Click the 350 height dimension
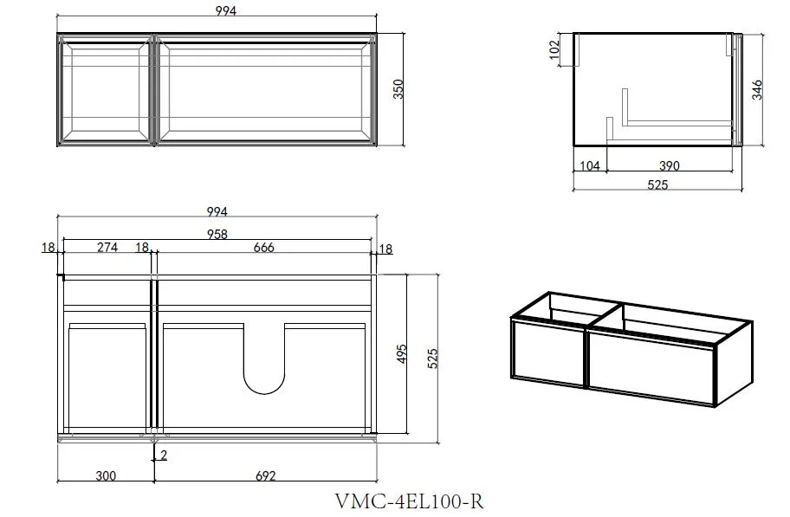point(398,89)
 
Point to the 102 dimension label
point(554,50)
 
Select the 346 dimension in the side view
point(757,90)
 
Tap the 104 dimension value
point(590,165)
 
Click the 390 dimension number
point(669,165)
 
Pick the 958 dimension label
point(217,235)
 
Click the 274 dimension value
point(107,248)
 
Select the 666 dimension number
point(264,248)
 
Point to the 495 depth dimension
point(401,354)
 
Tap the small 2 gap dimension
point(163,455)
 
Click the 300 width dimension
point(106,475)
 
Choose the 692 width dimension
point(266,475)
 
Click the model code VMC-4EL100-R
point(409,501)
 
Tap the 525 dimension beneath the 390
point(657,185)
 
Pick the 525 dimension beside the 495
point(432,359)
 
